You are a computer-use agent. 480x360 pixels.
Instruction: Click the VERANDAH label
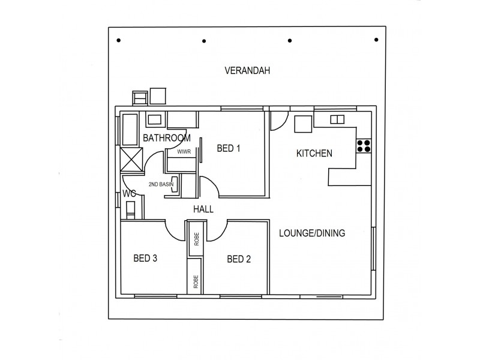tap(247, 71)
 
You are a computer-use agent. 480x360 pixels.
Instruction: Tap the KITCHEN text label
tap(314, 154)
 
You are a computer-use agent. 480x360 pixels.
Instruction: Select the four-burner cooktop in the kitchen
tap(364, 146)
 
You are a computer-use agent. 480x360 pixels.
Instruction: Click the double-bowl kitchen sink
tap(337, 119)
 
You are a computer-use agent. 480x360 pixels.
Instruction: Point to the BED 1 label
tap(228, 149)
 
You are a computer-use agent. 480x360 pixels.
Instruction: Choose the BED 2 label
tap(239, 259)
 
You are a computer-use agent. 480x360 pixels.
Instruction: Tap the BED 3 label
tap(145, 259)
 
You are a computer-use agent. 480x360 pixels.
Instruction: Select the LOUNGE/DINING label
tap(312, 233)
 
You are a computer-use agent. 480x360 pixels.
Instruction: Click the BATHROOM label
tap(166, 138)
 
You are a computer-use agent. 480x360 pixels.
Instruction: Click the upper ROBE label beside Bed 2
tap(196, 240)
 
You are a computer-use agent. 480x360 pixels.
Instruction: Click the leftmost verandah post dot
tap(119, 40)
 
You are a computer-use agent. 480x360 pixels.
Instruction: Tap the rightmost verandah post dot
tap(376, 40)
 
